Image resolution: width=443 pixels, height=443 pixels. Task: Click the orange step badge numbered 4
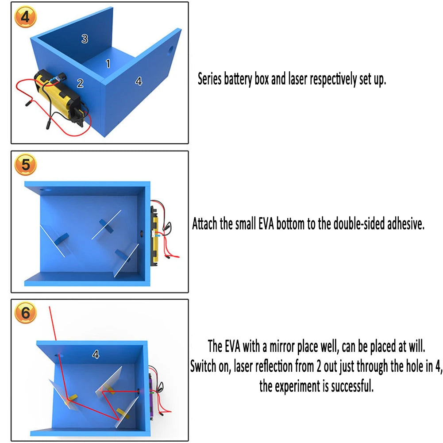[25, 17]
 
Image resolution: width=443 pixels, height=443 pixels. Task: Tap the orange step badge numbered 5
[25, 165]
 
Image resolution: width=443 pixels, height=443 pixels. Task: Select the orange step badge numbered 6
[25, 313]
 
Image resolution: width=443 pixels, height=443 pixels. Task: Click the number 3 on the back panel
[85, 39]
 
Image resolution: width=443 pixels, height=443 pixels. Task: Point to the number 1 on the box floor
[108, 64]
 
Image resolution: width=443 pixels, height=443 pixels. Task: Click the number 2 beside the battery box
[80, 83]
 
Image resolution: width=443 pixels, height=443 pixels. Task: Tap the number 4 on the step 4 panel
[139, 81]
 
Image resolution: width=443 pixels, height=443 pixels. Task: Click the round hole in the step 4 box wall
[171, 50]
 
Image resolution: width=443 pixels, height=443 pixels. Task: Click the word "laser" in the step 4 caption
[297, 79]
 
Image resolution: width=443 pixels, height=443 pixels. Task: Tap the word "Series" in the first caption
[209, 79]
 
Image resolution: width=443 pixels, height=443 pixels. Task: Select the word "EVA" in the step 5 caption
[266, 224]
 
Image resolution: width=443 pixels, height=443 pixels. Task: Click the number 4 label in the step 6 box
[96, 354]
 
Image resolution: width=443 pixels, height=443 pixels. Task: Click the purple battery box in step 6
[151, 396]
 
